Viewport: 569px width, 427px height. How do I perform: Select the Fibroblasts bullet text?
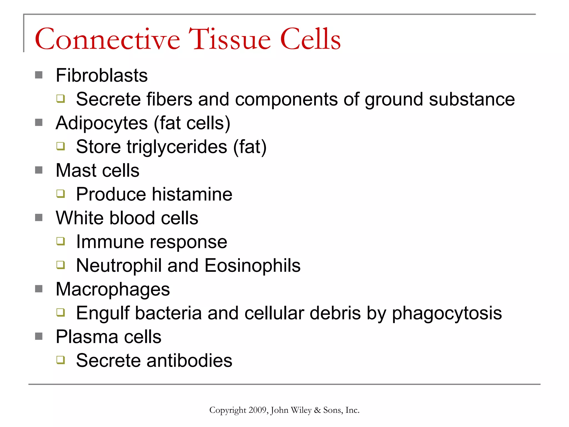point(102,75)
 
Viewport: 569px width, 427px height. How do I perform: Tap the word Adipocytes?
point(102,123)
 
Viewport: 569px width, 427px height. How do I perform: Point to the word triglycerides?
point(177,147)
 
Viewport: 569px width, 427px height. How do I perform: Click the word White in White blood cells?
point(79,218)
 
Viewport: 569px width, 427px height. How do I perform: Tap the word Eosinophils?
point(252,265)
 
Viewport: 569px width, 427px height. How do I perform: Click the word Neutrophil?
point(119,265)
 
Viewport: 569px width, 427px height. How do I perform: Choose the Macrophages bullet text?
point(113,289)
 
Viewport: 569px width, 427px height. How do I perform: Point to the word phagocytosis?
point(447,313)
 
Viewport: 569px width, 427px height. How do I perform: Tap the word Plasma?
point(87,337)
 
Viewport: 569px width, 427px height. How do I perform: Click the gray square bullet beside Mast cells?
point(39,170)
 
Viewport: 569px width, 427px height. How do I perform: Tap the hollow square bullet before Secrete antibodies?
point(61,360)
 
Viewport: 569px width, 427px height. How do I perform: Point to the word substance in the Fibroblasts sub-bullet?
point(472,99)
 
